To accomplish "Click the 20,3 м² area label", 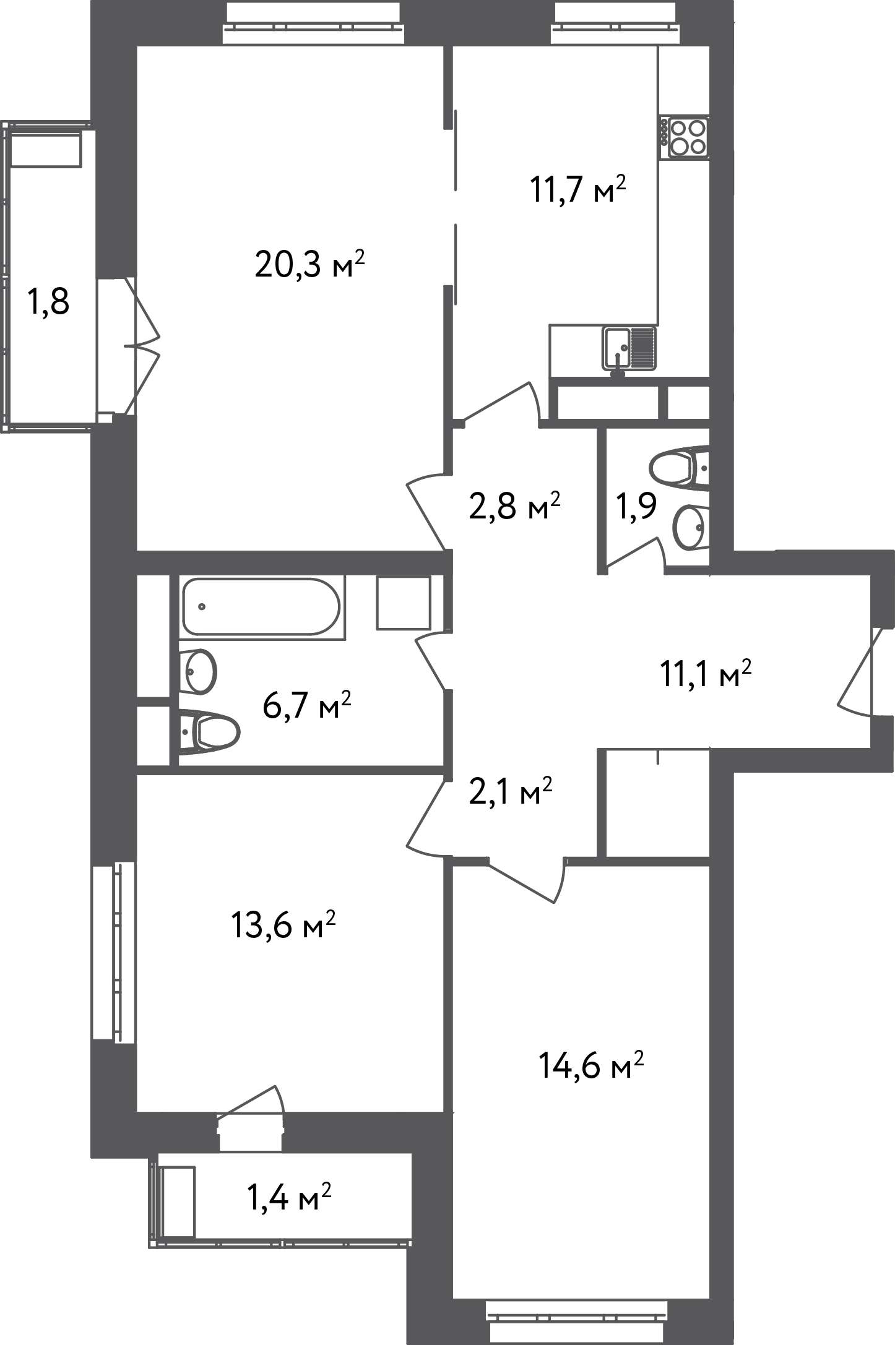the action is click(x=309, y=265).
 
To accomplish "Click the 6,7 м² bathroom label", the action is click(x=307, y=705).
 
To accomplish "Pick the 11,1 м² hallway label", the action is click(x=706, y=674).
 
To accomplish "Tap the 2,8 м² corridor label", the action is click(x=514, y=506).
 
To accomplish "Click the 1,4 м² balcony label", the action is click(x=289, y=1196).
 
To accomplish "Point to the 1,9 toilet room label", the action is click(x=636, y=507).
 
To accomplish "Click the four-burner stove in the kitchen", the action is click(x=685, y=137).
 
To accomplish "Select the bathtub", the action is click(x=261, y=606).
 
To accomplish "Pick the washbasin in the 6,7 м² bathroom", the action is click(x=198, y=671).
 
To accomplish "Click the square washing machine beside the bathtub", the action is click(x=404, y=603).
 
